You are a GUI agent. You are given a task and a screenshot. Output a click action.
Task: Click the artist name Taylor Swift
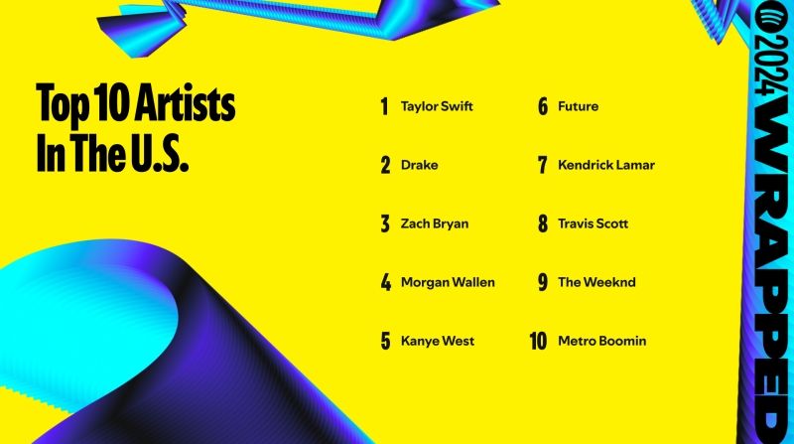pos(437,106)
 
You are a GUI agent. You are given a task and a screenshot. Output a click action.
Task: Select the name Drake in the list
pos(419,165)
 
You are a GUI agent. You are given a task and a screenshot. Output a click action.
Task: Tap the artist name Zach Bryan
pos(434,223)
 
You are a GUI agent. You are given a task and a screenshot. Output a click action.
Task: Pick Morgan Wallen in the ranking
pos(448,282)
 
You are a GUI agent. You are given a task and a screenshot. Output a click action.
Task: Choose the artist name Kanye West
pos(438,341)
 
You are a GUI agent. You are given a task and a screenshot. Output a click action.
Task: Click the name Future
pos(578,106)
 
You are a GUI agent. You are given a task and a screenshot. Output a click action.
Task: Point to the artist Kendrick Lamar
pos(606,165)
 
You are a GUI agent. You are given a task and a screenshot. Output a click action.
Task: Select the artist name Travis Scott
pos(593,223)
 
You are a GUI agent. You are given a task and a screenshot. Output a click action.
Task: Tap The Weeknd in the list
pos(596,282)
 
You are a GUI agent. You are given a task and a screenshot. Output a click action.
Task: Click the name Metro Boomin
pos(601,341)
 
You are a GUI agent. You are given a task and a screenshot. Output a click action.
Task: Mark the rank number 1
pos(384,106)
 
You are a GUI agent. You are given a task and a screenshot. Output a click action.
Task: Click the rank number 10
pos(539,341)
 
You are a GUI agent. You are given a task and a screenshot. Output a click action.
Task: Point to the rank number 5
pos(385,341)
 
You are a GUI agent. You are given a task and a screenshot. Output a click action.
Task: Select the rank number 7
pos(543,165)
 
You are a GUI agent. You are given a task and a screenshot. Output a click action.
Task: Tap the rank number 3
pos(385,223)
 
